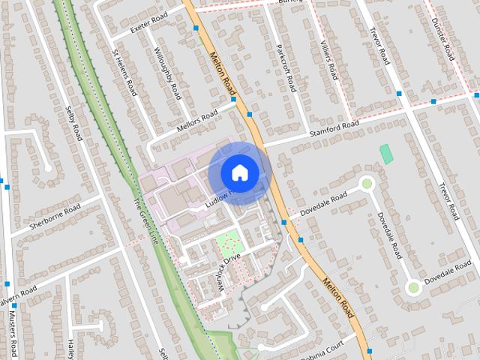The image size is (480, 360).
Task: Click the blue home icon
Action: pos(239,172)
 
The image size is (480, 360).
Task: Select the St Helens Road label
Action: pos(124,73)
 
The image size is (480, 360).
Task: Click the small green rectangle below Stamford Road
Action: pos(386,154)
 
